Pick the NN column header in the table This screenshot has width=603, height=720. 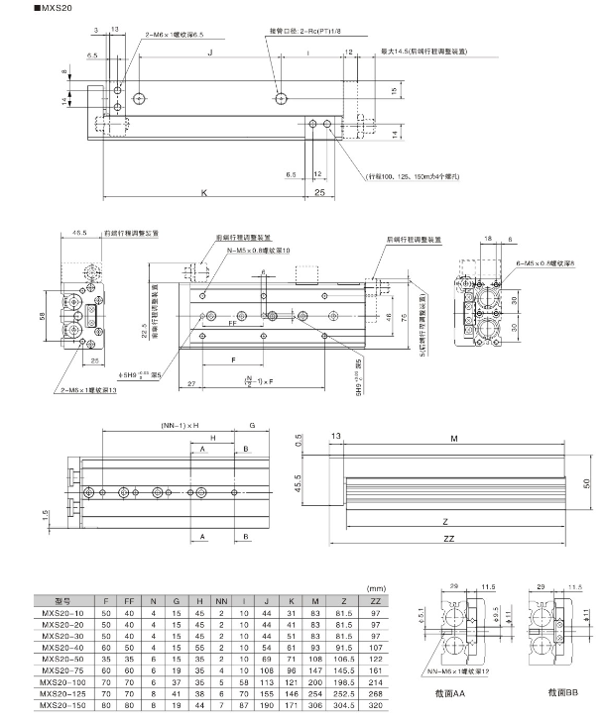(x=219, y=600)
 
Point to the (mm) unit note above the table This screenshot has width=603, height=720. (x=376, y=587)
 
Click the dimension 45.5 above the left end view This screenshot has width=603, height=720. (x=79, y=234)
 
